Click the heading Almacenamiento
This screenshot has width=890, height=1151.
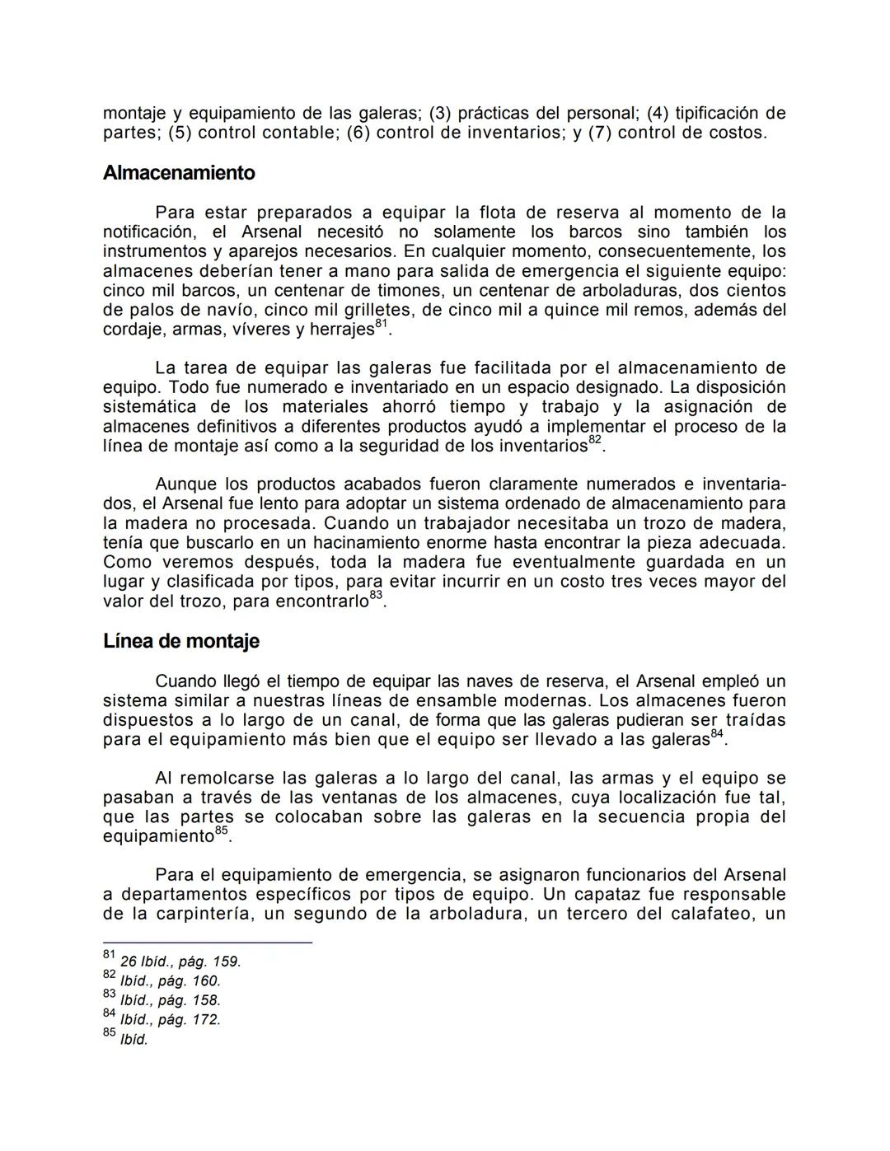click(179, 173)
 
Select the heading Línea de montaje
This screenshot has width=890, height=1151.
click(180, 641)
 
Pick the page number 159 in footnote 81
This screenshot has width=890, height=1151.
click(226, 962)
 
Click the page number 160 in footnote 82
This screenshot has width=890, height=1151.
click(206, 981)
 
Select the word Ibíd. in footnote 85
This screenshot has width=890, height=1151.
click(134, 1040)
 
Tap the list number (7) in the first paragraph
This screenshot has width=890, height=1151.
click(599, 133)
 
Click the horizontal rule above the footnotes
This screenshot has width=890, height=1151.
click(207, 942)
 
